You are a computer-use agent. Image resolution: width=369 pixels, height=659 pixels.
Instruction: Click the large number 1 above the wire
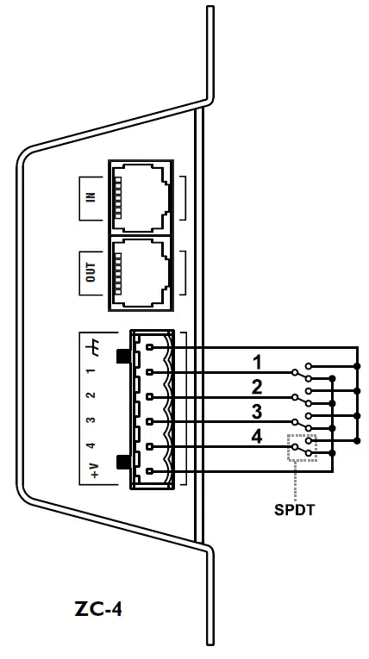click(x=256, y=360)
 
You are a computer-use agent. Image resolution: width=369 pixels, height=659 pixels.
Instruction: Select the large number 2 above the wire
click(x=256, y=385)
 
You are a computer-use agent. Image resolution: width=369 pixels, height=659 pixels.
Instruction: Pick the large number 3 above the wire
click(x=256, y=410)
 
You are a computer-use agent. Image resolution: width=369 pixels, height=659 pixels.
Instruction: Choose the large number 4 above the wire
click(x=256, y=436)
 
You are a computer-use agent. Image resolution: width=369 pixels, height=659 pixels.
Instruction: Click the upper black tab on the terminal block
click(x=122, y=356)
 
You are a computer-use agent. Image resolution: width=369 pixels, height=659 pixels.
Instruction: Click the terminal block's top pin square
click(x=151, y=347)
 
